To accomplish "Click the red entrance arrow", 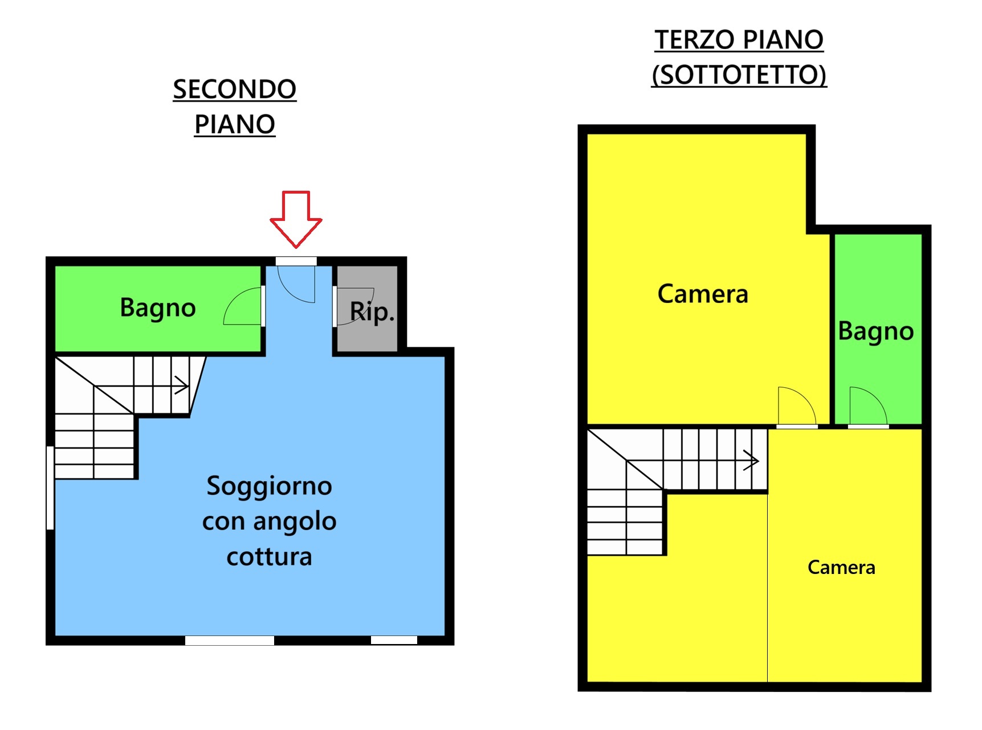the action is pos(296,219).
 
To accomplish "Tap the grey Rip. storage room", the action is pos(367,308).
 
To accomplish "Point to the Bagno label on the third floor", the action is pos(876,332).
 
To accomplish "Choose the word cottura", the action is pos(269,557).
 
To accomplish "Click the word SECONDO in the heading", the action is pos(235,89).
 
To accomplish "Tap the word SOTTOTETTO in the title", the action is pos(739,75).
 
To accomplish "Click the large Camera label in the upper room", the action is pos(703,294).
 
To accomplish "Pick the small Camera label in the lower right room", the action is pos(841,567).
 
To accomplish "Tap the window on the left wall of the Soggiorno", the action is pos(50,488).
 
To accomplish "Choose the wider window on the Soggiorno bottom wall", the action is pos(230,641).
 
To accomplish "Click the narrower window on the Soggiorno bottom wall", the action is pos(394,641).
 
